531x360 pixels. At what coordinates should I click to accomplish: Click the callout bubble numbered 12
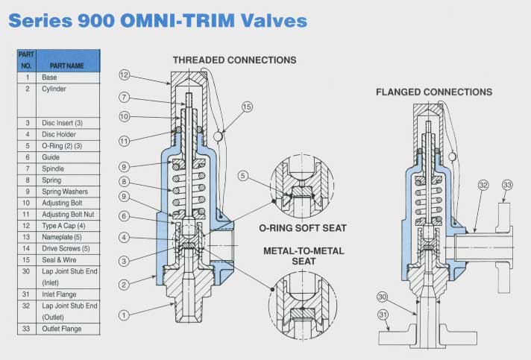point(125,75)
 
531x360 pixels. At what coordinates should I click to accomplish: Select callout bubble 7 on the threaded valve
point(125,98)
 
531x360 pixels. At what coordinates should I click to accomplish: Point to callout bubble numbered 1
point(125,315)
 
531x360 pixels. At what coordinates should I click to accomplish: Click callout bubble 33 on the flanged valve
point(507,185)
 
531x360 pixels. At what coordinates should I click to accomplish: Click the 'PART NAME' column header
point(66,65)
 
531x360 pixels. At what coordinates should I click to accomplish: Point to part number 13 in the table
point(27,237)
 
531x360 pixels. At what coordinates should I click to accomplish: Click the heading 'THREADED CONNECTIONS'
point(234,60)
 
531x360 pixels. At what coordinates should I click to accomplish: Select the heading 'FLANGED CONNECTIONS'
point(433,92)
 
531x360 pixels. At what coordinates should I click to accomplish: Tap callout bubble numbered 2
point(125,284)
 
